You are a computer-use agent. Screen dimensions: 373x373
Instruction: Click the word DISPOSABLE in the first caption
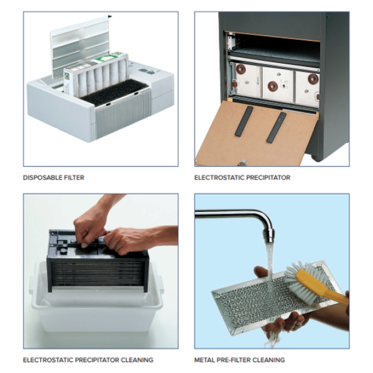[40, 178]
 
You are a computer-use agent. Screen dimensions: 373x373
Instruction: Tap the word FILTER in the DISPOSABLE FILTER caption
[72, 178]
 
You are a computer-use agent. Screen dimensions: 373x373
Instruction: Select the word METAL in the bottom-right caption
[205, 360]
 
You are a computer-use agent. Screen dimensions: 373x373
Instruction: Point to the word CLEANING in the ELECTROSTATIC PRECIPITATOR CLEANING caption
[137, 360]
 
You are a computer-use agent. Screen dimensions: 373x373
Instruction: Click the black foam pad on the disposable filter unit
[114, 91]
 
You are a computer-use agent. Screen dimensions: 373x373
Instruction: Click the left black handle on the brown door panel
[244, 121]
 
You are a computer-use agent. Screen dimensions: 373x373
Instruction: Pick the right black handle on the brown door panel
[277, 127]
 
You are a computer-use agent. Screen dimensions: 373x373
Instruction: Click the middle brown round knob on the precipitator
[273, 87]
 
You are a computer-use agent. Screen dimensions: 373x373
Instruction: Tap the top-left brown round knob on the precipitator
[241, 69]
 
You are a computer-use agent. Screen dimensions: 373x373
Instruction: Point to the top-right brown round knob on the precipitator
[313, 79]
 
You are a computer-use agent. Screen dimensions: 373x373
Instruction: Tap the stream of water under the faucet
[269, 269]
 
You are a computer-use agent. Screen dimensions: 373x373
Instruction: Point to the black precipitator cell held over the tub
[98, 262]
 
